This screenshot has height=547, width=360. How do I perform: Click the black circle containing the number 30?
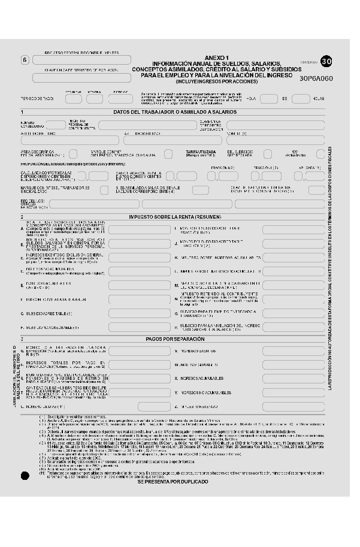tap(325, 61)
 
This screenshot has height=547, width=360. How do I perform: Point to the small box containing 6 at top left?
tap(25, 60)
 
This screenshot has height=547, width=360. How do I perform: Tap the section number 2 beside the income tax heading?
tap(22, 216)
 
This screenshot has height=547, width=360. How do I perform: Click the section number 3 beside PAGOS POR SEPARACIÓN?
tap(22, 339)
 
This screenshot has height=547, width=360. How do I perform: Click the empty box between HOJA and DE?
tap(268, 98)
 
